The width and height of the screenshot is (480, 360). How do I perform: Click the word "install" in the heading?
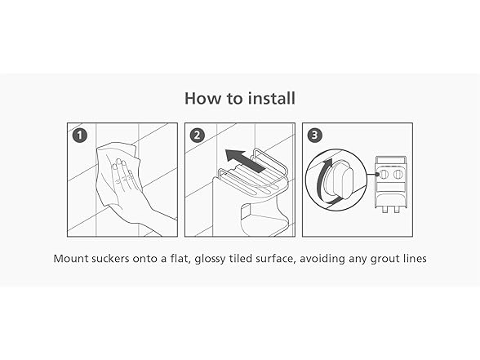272,98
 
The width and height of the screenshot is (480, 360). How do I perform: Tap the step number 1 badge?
80,136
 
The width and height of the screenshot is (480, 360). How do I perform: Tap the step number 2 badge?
198,136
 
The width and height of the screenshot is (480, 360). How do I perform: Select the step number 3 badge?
315,136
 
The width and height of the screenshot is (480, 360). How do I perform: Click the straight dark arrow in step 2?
245,160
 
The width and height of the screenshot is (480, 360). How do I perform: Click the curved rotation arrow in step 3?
322,180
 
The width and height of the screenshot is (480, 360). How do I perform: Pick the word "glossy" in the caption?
211,260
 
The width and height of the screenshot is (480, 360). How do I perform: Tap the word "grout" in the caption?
384,260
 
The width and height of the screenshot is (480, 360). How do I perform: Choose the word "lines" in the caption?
415,258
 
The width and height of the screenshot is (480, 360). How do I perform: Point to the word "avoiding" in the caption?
322,259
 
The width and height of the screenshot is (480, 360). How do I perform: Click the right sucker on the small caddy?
398,174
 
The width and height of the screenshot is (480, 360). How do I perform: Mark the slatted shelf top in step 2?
252,180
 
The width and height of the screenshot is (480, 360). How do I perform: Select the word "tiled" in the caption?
240,258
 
